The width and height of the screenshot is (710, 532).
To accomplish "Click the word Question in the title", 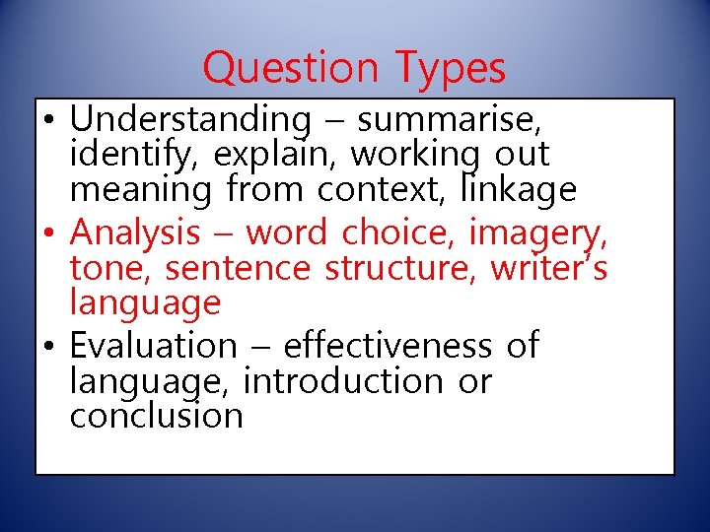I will [290, 69].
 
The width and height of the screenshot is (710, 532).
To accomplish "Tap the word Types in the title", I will [452, 69].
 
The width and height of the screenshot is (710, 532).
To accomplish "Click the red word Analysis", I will [136, 233].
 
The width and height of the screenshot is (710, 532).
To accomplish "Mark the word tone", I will [108, 268].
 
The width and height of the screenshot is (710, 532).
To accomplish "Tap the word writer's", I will [544, 268].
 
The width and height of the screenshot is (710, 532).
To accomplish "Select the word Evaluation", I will [154, 346].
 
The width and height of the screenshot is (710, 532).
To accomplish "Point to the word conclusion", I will [156, 415].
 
